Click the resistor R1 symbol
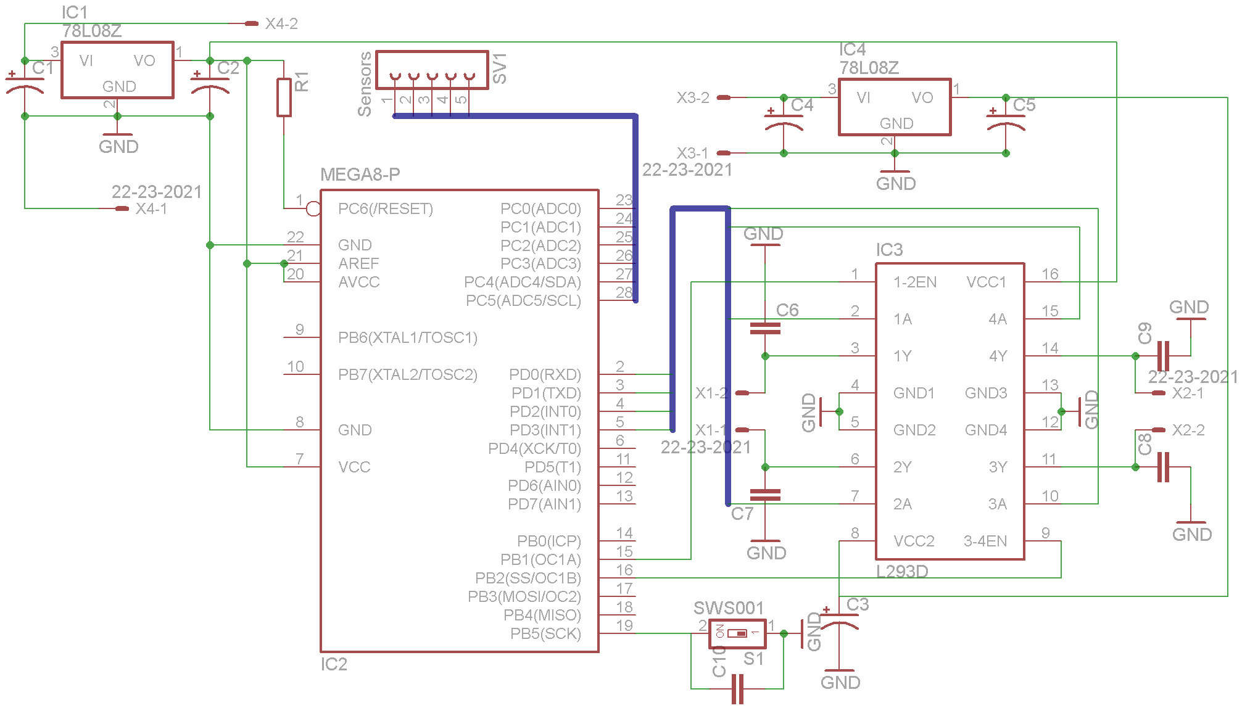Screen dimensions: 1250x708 click(284, 97)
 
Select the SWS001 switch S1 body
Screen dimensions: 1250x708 click(737, 633)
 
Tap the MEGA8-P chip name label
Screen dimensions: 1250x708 click(360, 175)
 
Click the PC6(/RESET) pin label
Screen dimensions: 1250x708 click(386, 209)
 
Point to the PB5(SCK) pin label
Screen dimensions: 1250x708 click(545, 634)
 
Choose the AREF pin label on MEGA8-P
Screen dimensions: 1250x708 click(358, 264)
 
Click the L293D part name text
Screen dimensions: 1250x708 click(902, 572)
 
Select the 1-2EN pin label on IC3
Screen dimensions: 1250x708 click(915, 282)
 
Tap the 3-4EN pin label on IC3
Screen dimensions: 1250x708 click(985, 541)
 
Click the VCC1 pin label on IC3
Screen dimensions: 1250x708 click(987, 282)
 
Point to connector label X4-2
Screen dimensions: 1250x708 click(281, 24)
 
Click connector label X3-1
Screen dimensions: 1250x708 click(693, 153)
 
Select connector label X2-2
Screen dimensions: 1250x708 click(1188, 430)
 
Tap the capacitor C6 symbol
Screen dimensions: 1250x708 click(765, 328)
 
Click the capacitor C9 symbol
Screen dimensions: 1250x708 click(1164, 356)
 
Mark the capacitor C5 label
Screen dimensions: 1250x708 click(1024, 105)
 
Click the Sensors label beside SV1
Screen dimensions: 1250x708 click(365, 84)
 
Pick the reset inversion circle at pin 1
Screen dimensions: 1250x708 click(313, 208)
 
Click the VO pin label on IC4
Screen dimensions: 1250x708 click(922, 98)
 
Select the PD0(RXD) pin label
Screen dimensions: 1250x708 click(545, 375)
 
